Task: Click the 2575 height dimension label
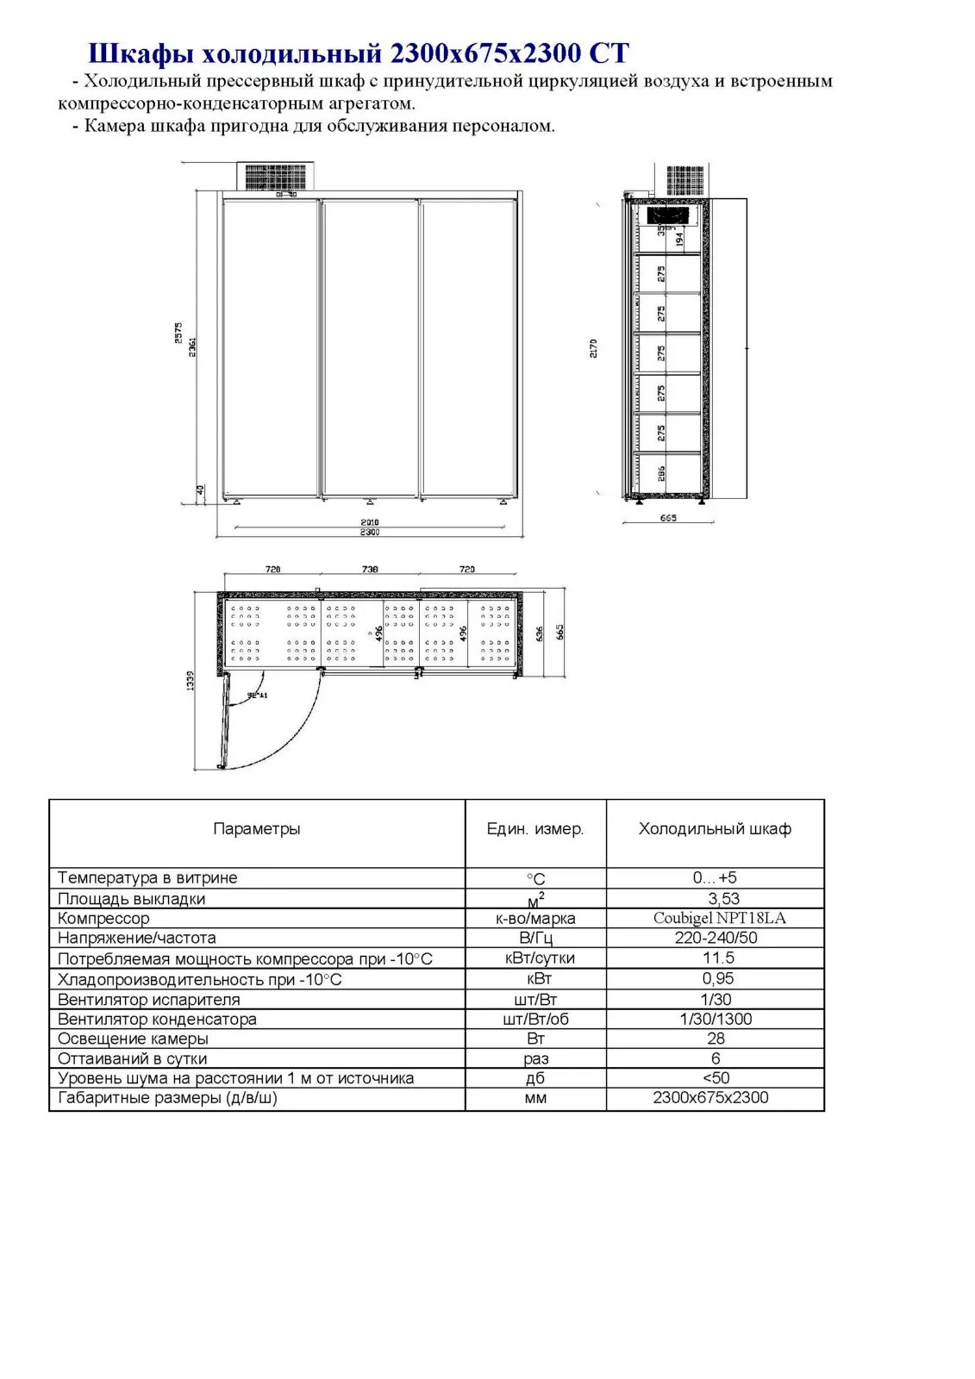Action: (x=178, y=333)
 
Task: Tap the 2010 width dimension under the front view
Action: (x=370, y=522)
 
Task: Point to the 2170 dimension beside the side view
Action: (x=593, y=348)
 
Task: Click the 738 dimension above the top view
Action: (x=370, y=569)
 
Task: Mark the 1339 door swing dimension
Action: (x=191, y=680)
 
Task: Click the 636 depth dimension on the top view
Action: (x=540, y=633)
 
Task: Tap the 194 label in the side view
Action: (x=679, y=239)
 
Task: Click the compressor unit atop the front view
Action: (x=278, y=177)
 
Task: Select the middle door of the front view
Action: (x=370, y=348)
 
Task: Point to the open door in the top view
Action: (x=226, y=721)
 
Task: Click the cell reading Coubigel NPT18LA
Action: (x=716, y=918)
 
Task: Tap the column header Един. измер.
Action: (x=535, y=829)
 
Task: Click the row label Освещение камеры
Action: (x=133, y=1039)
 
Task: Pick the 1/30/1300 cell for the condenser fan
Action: (x=716, y=1019)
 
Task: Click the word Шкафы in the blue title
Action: (x=140, y=53)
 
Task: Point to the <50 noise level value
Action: (x=716, y=1078)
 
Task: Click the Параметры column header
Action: (x=257, y=829)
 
